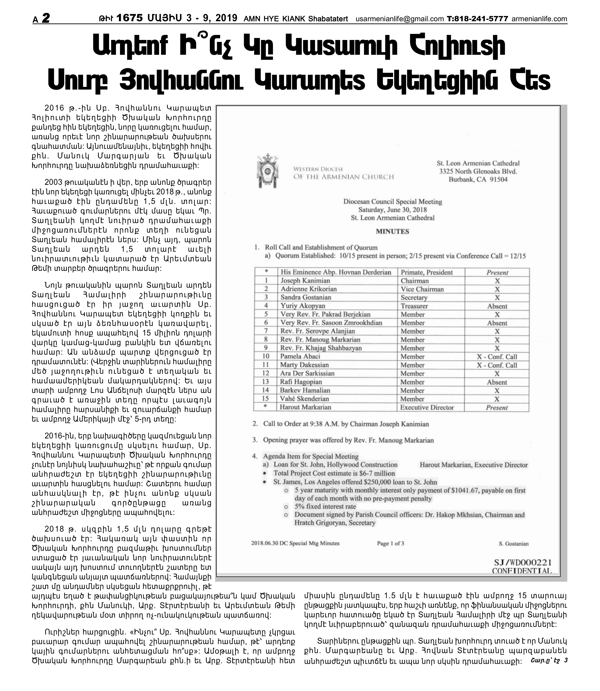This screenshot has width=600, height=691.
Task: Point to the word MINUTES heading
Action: coord(392,232)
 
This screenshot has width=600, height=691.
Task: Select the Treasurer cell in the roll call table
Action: coord(414,306)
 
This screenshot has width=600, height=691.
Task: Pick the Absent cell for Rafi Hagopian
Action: coord(497,382)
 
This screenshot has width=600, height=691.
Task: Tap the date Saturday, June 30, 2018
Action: coord(392,210)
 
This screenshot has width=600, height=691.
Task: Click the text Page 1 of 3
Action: coord(390,543)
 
